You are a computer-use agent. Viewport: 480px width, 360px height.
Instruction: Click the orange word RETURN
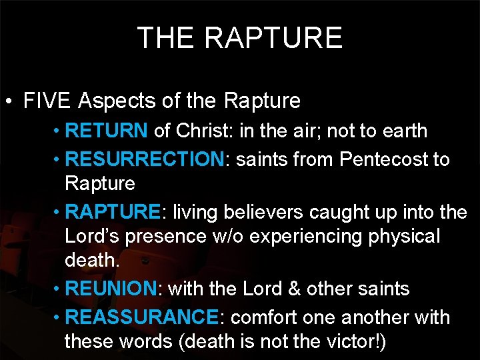tap(107, 131)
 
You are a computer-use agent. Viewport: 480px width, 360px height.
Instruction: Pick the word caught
tap(343, 213)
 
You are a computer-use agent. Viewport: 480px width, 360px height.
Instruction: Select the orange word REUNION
tap(111, 289)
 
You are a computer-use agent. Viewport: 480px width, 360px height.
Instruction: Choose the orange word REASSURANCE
tap(142, 317)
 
